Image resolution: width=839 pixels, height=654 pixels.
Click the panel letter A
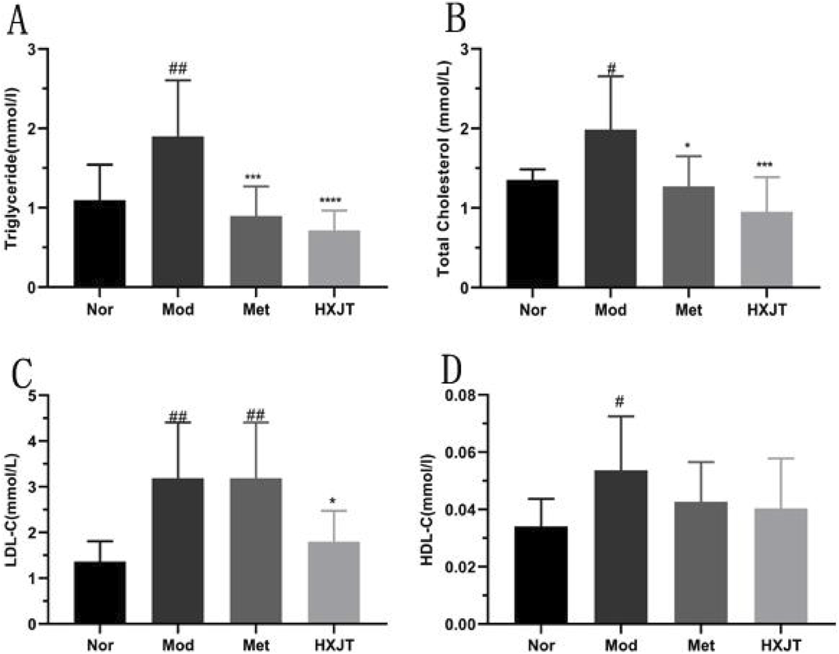17,22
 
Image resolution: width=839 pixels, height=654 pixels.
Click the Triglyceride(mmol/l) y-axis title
12,168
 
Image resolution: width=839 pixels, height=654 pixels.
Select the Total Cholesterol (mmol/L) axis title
444,168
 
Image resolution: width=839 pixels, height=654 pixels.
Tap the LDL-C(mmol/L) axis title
12,510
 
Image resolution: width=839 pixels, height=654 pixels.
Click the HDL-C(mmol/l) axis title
427,510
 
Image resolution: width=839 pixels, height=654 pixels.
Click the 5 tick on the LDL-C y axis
32,396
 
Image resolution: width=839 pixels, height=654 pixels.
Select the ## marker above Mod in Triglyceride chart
178,69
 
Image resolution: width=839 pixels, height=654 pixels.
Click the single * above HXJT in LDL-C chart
334,500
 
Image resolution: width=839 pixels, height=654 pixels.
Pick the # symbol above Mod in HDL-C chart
620,402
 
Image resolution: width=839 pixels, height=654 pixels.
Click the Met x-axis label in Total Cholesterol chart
689,310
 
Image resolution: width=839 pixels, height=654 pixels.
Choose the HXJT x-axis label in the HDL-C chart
781,645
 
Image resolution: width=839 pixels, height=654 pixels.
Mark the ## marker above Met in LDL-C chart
256,415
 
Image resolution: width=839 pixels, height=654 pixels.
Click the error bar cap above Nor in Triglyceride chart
100,164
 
